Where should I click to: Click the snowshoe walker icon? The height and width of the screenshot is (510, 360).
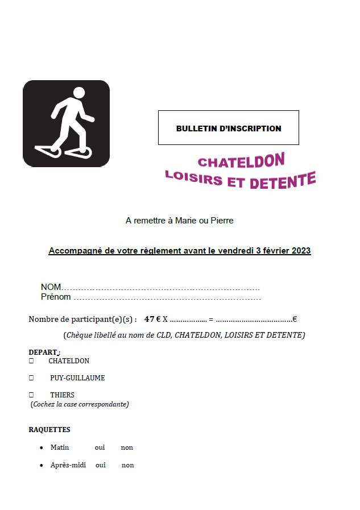(66, 123)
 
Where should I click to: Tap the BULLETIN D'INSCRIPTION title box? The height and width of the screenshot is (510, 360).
(228, 128)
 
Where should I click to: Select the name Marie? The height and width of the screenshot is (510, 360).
(186, 221)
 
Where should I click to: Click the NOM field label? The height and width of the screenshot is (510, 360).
(51, 287)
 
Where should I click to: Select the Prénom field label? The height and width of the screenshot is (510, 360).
(56, 297)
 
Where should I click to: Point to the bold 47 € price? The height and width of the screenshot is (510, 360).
(152, 320)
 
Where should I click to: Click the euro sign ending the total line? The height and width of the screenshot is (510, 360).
(295, 320)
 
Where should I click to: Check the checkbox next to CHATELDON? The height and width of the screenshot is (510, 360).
(31, 361)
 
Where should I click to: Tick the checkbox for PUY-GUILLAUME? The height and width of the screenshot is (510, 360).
(31, 378)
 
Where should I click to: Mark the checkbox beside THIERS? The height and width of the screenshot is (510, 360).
(31, 395)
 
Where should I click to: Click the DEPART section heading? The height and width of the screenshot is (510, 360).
(43, 353)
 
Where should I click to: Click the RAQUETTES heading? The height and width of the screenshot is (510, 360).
(49, 430)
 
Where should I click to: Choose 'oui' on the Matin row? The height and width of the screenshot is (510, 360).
(100, 447)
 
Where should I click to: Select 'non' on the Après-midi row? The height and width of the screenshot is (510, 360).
(128, 465)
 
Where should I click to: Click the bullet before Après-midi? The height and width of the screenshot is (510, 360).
(42, 465)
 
